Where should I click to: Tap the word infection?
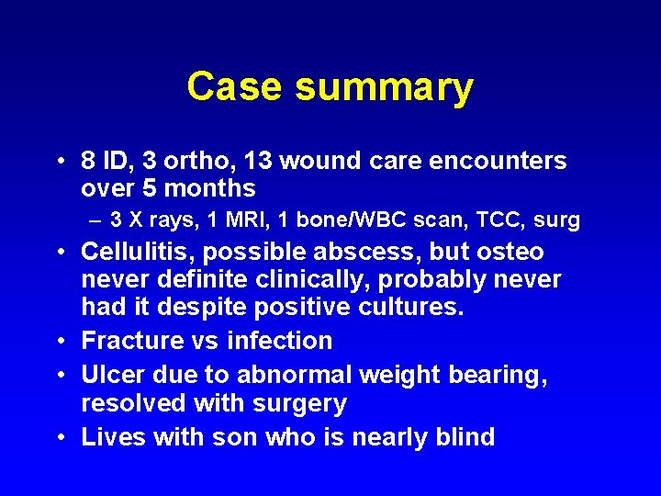(x=279, y=341)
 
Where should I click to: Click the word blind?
(x=463, y=437)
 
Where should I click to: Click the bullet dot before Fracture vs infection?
(x=60, y=341)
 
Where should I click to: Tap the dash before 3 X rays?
(x=95, y=220)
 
